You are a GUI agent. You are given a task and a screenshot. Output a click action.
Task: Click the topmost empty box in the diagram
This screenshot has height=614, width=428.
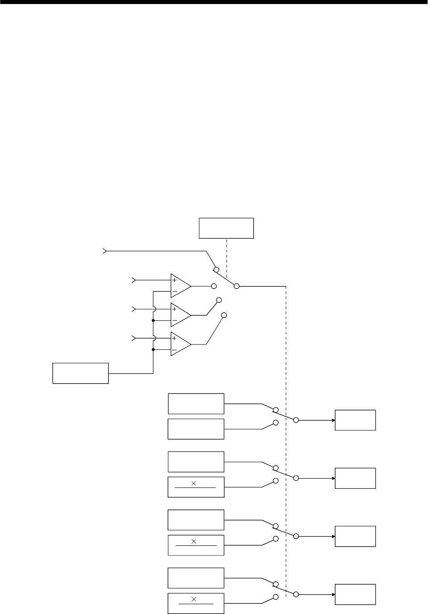coord(226,228)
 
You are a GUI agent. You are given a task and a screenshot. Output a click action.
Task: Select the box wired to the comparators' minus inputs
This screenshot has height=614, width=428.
coord(81,373)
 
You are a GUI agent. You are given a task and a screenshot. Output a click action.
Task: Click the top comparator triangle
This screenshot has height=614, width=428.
coord(180,286)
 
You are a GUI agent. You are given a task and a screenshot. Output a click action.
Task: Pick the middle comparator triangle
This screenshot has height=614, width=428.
coord(180,315)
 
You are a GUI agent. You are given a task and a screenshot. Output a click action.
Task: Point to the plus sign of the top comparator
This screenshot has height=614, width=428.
coord(174,280)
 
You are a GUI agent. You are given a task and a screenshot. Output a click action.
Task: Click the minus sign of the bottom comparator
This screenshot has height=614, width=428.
coord(174,350)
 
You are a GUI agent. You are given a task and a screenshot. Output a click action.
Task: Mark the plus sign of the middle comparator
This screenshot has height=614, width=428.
coord(174,309)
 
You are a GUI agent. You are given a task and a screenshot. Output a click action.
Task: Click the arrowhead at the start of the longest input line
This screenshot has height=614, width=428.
coord(105,251)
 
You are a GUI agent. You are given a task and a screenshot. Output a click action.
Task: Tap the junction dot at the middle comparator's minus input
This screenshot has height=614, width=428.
coord(153,320)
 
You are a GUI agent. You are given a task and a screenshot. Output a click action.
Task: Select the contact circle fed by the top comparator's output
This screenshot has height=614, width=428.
coord(214,286)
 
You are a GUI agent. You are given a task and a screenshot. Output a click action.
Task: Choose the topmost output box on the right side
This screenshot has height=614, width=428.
coord(355,420)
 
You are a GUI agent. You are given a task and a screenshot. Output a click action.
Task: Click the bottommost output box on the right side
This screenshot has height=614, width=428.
coord(355,594)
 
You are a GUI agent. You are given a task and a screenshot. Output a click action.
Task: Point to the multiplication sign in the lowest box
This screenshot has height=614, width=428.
coord(194,599)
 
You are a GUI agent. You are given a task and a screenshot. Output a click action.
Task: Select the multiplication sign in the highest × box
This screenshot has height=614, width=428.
coord(194,483)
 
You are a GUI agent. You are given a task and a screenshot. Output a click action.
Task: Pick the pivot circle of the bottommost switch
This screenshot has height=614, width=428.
coord(296,594)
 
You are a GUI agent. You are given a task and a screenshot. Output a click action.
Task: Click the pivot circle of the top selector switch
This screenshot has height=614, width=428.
coord(237,286)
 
